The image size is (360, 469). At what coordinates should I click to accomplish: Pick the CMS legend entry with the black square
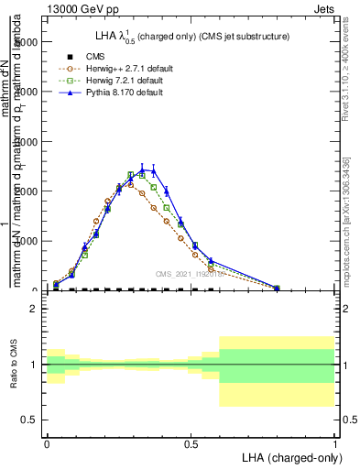pos(95,56)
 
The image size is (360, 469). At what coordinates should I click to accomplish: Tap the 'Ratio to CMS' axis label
pos(14,365)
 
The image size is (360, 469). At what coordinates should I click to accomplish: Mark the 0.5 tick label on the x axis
pos(191,442)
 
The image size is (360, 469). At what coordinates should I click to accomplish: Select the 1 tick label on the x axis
pos(334,442)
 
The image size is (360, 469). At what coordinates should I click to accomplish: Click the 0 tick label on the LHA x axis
pos(47,442)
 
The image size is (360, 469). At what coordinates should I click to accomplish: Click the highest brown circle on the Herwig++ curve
pos(131,184)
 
